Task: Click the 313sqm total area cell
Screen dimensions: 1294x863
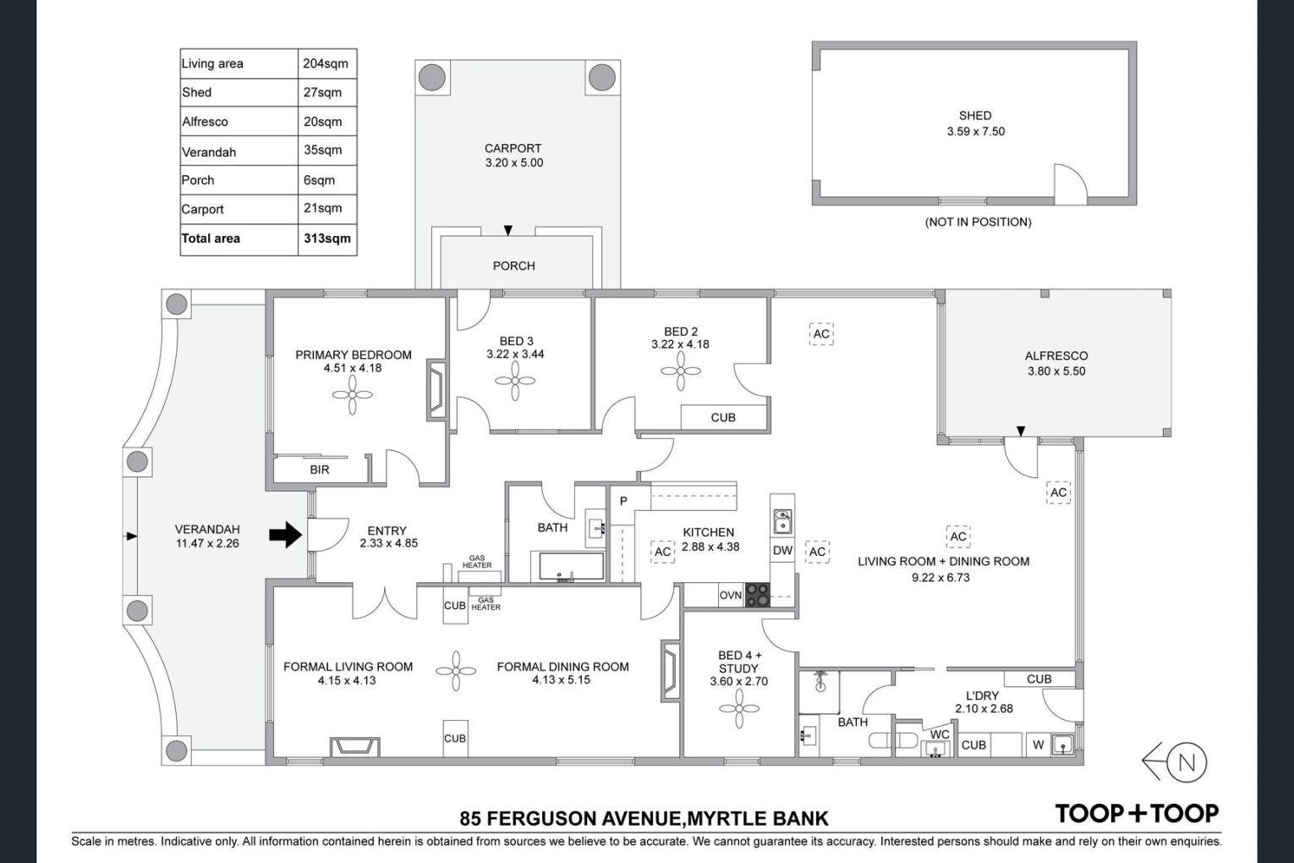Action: tap(327, 239)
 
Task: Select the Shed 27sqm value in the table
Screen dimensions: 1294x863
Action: tap(322, 92)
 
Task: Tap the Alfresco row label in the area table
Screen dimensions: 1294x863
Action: tap(205, 122)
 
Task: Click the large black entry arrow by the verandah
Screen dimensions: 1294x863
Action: tap(285, 535)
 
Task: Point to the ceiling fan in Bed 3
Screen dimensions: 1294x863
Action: tap(515, 381)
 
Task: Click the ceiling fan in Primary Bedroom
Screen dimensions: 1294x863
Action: tap(353, 395)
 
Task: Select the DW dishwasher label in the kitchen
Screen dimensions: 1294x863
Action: tap(782, 550)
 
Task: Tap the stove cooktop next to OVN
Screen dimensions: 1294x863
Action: tap(757, 595)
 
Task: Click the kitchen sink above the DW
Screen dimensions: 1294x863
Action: tap(782, 521)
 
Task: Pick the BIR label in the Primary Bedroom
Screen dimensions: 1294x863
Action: tap(320, 470)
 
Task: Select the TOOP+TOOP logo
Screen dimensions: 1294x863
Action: tap(1137, 813)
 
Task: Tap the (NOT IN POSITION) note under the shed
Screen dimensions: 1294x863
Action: tap(978, 222)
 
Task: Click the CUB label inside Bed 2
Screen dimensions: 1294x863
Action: tap(722, 417)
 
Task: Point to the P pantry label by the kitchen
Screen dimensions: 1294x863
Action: tap(623, 501)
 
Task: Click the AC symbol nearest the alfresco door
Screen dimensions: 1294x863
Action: tap(1058, 492)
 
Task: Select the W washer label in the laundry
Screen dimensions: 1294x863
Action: tap(1038, 745)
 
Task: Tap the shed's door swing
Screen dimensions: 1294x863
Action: tap(1071, 184)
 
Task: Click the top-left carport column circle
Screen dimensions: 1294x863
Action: tap(432, 77)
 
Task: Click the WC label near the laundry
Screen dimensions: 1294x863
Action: tap(940, 734)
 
